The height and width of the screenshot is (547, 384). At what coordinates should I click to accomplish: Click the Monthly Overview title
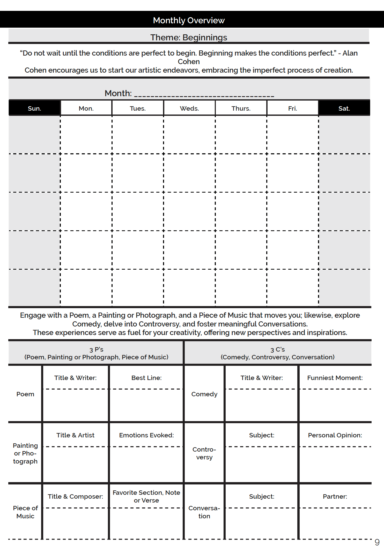[189, 20]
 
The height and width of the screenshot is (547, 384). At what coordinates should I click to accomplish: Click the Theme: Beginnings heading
[189, 37]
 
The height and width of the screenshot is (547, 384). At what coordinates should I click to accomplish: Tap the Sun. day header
[34, 108]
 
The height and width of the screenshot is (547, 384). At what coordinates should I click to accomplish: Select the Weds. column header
[189, 108]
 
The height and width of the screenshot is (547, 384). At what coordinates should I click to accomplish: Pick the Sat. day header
[344, 108]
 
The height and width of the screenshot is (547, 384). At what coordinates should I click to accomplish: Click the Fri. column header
[292, 108]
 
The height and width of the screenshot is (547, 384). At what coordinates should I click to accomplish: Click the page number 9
[377, 542]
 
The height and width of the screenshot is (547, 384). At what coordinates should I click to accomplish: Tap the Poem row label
[25, 394]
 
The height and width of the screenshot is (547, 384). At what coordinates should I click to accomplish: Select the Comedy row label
[204, 394]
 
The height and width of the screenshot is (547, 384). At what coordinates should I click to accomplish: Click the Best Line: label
[146, 378]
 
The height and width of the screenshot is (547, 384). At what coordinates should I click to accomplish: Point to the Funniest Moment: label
[335, 378]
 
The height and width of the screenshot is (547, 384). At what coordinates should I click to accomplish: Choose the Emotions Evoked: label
[146, 435]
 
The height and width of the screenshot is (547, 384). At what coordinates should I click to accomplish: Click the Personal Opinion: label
[335, 435]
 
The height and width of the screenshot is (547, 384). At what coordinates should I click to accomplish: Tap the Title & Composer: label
[75, 496]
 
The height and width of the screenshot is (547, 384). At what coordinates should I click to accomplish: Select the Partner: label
[335, 496]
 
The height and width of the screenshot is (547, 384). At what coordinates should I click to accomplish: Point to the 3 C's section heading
[277, 353]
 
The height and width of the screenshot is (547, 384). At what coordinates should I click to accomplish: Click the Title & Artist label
[75, 435]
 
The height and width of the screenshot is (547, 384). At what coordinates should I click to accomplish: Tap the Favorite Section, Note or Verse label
[146, 496]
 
